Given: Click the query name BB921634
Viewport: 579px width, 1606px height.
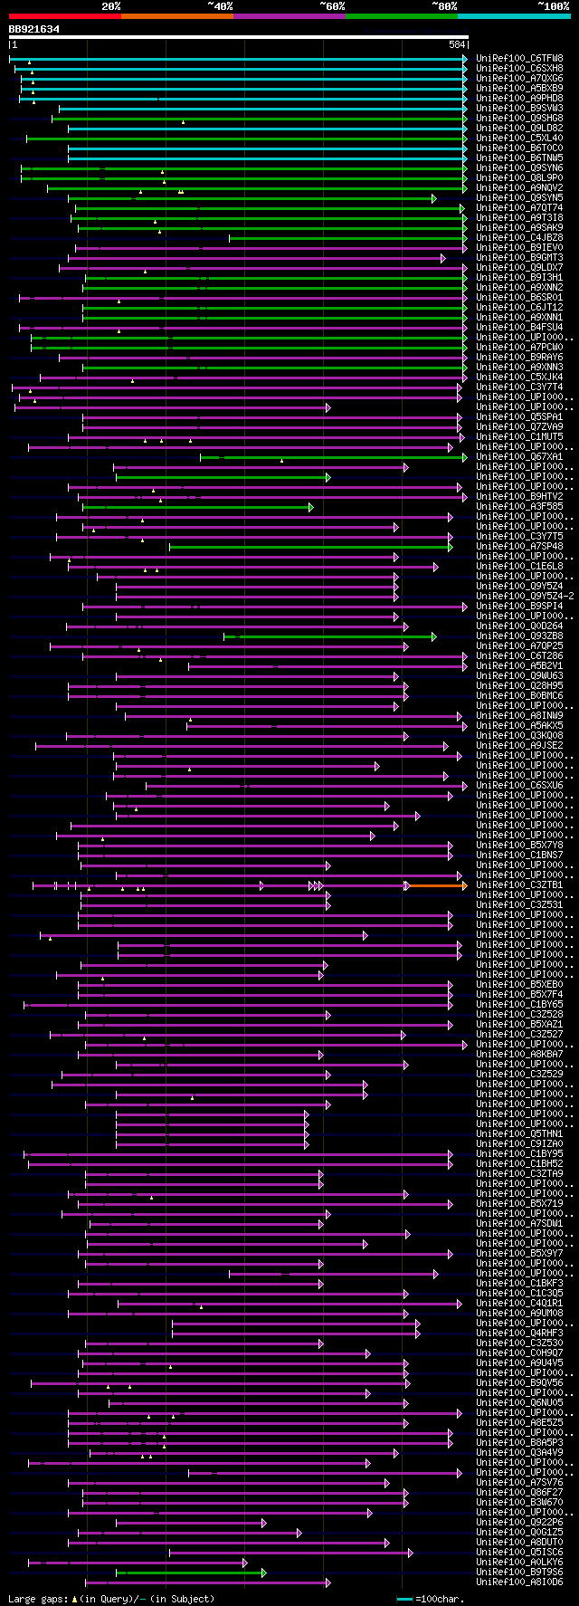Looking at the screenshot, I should point(34,29).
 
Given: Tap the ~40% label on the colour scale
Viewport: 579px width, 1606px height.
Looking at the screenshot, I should point(220,6).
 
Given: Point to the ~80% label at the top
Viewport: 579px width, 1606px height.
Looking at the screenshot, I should point(444,6).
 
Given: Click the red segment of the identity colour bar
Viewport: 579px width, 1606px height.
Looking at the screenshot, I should point(64,15).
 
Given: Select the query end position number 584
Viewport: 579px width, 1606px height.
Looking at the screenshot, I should point(457,44).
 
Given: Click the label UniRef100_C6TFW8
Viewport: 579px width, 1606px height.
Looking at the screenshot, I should point(519,59).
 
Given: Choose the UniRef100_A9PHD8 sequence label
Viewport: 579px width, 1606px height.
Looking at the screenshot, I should point(519,99).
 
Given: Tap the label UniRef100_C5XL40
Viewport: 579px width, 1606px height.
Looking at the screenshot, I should point(519,139).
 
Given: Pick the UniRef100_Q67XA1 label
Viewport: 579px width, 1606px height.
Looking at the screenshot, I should point(519,457).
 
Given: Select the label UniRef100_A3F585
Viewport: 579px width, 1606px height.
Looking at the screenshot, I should point(519,507).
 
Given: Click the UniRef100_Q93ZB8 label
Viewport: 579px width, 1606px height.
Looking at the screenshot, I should point(519,636).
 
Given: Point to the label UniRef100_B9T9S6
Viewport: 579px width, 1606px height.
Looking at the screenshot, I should point(519,1573).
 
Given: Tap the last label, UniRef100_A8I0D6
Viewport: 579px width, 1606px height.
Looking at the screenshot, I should point(519,1582).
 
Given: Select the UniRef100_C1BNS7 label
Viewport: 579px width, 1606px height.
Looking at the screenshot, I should point(519,856).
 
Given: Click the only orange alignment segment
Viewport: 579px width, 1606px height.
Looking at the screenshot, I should point(436,885).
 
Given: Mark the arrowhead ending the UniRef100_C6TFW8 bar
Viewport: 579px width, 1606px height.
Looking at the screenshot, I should point(465,59).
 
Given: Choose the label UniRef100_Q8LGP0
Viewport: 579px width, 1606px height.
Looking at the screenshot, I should point(519,178).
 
